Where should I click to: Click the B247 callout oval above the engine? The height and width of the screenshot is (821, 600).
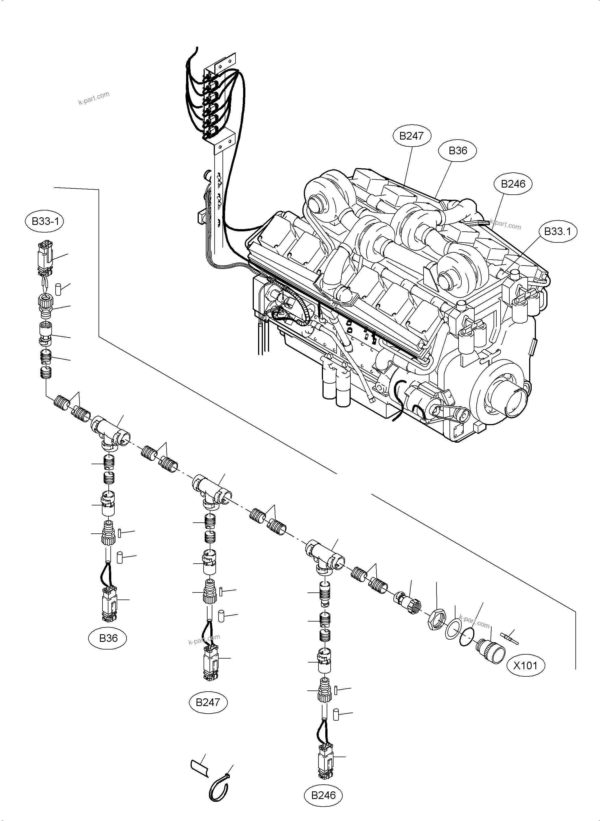click(411, 136)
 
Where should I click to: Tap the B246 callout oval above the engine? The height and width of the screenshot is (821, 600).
click(513, 184)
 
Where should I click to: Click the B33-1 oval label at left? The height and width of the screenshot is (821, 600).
click(45, 221)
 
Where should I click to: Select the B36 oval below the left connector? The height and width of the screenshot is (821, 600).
click(108, 638)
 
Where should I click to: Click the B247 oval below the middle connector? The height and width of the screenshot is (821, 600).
click(208, 702)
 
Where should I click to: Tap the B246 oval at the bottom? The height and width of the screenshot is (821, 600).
click(323, 795)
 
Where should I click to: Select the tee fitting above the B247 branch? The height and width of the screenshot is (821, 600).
click(212, 489)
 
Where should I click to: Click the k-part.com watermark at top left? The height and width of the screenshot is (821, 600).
click(94, 97)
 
